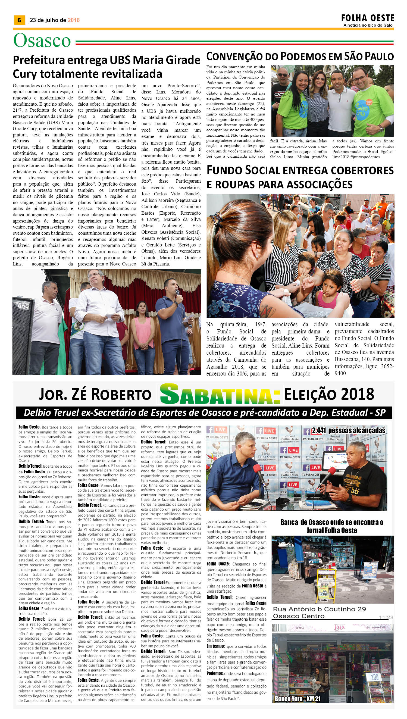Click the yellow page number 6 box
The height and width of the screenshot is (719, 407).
coord(19,20)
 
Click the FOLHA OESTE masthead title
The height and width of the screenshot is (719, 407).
coord(367,18)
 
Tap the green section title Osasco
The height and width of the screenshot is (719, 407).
coord(42,40)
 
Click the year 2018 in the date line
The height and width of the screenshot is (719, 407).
coord(74,20)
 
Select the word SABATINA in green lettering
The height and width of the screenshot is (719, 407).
coord(220,394)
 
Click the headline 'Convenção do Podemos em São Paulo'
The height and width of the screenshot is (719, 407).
coord(300,57)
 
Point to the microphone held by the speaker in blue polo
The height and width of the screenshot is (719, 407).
coord(177,293)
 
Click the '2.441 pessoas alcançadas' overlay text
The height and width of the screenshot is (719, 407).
coord(348,430)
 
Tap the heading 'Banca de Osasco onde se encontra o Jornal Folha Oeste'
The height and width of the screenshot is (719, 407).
coord(331,526)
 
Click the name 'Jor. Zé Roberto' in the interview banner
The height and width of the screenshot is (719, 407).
coord(95,395)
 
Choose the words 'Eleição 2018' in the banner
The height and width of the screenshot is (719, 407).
coord(329,394)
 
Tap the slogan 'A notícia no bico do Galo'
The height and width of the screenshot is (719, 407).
coord(368,26)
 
